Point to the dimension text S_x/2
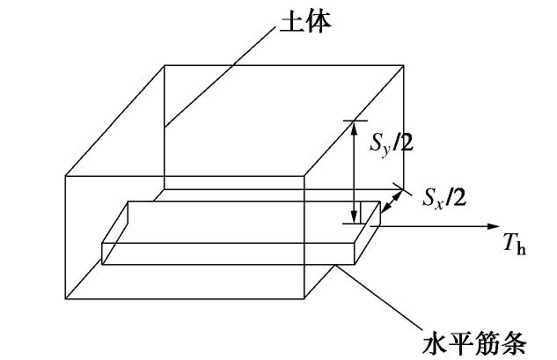443,196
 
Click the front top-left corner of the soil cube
66,175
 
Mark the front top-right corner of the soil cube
304,175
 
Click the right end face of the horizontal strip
368,233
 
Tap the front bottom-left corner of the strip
103,263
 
